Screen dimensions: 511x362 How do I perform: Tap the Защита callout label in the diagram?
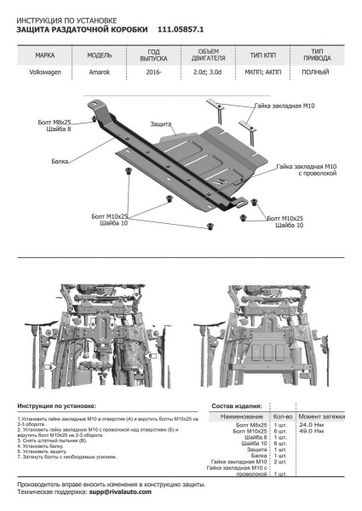[x=163, y=124]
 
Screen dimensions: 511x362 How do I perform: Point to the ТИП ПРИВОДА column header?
[x=317, y=55]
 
